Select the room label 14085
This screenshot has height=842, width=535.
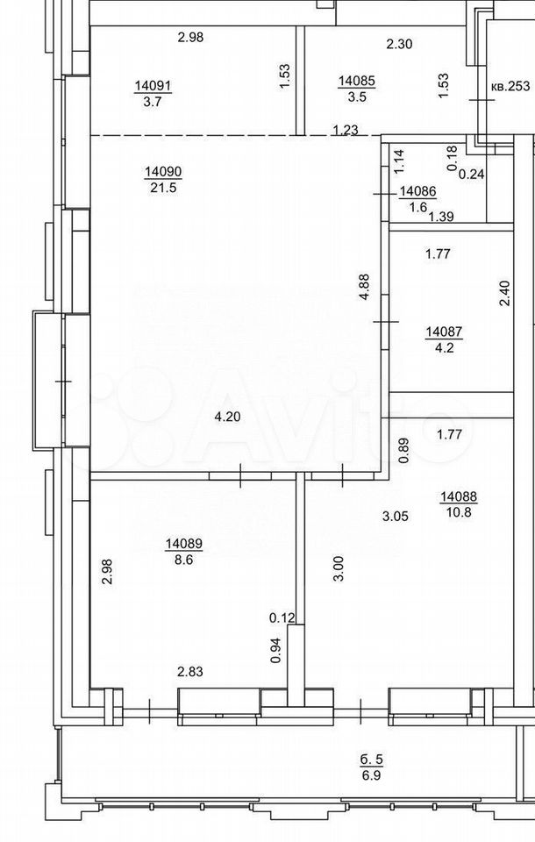pyautogui.click(x=357, y=82)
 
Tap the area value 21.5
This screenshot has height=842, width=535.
pyautogui.click(x=164, y=188)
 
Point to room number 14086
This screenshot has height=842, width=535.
pyautogui.click(x=418, y=191)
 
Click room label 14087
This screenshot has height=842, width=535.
pyautogui.click(x=444, y=332)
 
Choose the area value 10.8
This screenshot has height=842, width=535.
pyautogui.click(x=458, y=511)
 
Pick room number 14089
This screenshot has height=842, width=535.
pyautogui.click(x=183, y=544)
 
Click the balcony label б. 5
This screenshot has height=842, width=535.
pyautogui.click(x=372, y=760)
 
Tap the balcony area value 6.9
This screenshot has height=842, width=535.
pyautogui.click(x=372, y=776)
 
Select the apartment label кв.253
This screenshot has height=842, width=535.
pyautogui.click(x=510, y=86)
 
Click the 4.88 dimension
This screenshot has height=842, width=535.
pyautogui.click(x=365, y=288)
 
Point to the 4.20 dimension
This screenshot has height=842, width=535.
pyautogui.click(x=227, y=416)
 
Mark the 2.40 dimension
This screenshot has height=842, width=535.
pyautogui.click(x=504, y=294)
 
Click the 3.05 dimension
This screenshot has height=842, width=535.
pyautogui.click(x=396, y=517)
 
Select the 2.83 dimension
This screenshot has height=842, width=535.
pyautogui.click(x=190, y=671)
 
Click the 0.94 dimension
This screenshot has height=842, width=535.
pyautogui.click(x=276, y=650)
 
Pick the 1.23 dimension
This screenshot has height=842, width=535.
pyautogui.click(x=346, y=130)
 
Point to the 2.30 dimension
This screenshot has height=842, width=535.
pyautogui.click(x=400, y=44)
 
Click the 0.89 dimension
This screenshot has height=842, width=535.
pyautogui.click(x=405, y=451)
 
